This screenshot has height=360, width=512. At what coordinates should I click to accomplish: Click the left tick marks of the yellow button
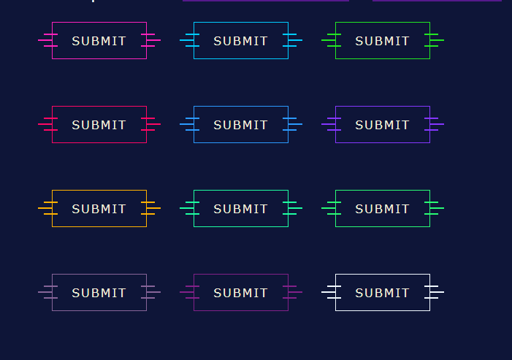tap(47, 208)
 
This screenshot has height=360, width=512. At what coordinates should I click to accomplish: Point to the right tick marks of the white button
tap(435, 292)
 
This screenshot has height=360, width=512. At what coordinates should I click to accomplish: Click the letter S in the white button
tap(359, 293)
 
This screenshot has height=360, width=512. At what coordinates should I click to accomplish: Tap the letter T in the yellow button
tap(121, 209)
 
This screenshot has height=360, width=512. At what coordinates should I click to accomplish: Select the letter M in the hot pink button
tap(103, 41)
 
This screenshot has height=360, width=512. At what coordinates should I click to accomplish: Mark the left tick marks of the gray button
tap(47, 292)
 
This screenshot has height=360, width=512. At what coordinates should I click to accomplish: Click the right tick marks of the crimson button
tap(151, 124)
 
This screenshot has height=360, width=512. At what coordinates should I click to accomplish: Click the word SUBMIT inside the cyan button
tap(240, 41)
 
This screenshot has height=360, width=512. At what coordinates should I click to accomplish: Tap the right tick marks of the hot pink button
tap(151, 40)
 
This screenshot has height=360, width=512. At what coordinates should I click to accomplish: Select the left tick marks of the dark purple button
tap(189, 292)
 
